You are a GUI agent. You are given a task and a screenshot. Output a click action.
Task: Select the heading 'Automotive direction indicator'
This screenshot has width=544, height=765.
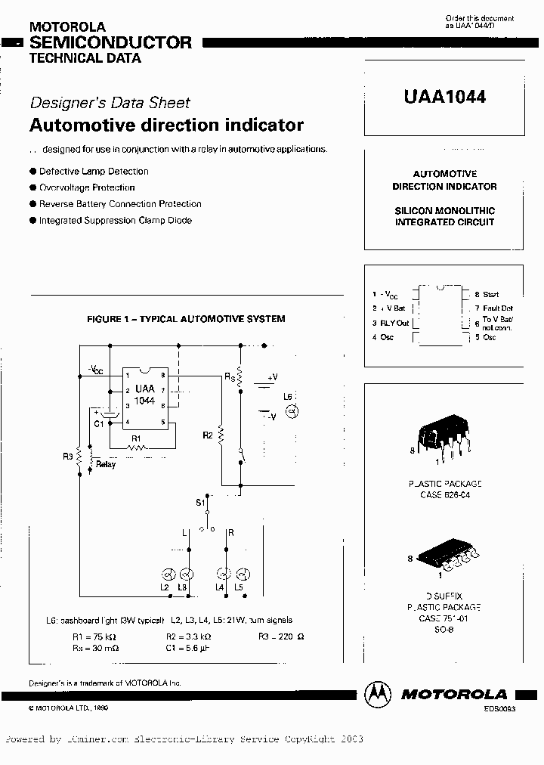pyautogui.click(x=166, y=125)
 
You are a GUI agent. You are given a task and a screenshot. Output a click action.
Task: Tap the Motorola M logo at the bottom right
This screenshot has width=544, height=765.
pyautogui.click(x=379, y=693)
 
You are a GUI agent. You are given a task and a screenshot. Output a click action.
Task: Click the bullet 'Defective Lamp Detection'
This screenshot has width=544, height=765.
pyautogui.click(x=94, y=172)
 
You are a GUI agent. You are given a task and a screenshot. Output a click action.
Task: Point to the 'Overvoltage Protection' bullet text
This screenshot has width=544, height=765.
pyautogui.click(x=87, y=187)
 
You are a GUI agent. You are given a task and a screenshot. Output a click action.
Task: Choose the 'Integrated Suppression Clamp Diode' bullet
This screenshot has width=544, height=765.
pyautogui.click(x=115, y=221)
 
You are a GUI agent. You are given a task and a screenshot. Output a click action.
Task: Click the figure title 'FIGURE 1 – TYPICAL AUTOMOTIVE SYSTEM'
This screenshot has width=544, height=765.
pyautogui.click(x=186, y=319)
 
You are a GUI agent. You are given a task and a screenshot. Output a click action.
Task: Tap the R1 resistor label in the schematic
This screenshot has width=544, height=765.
pyautogui.click(x=136, y=438)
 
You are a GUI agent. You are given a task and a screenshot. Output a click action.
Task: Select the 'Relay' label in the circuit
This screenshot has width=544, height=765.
pyautogui.click(x=106, y=464)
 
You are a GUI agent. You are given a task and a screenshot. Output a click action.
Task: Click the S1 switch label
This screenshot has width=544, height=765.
pyautogui.click(x=200, y=502)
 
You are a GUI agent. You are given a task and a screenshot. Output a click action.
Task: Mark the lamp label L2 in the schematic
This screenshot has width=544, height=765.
pyautogui.click(x=164, y=587)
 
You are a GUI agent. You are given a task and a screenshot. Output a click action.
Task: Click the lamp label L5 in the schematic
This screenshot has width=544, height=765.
pyautogui.click(x=239, y=587)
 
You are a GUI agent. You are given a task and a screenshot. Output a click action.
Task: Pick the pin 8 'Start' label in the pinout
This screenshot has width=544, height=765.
pyautogui.click(x=491, y=294)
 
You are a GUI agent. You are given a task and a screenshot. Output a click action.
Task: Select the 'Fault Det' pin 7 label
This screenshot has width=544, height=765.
pyautogui.click(x=498, y=308)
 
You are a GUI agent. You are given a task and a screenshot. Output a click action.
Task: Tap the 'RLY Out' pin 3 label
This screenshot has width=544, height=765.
pyautogui.click(x=394, y=323)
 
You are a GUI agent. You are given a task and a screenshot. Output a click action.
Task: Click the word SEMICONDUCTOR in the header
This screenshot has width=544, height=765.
pyautogui.click(x=110, y=42)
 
